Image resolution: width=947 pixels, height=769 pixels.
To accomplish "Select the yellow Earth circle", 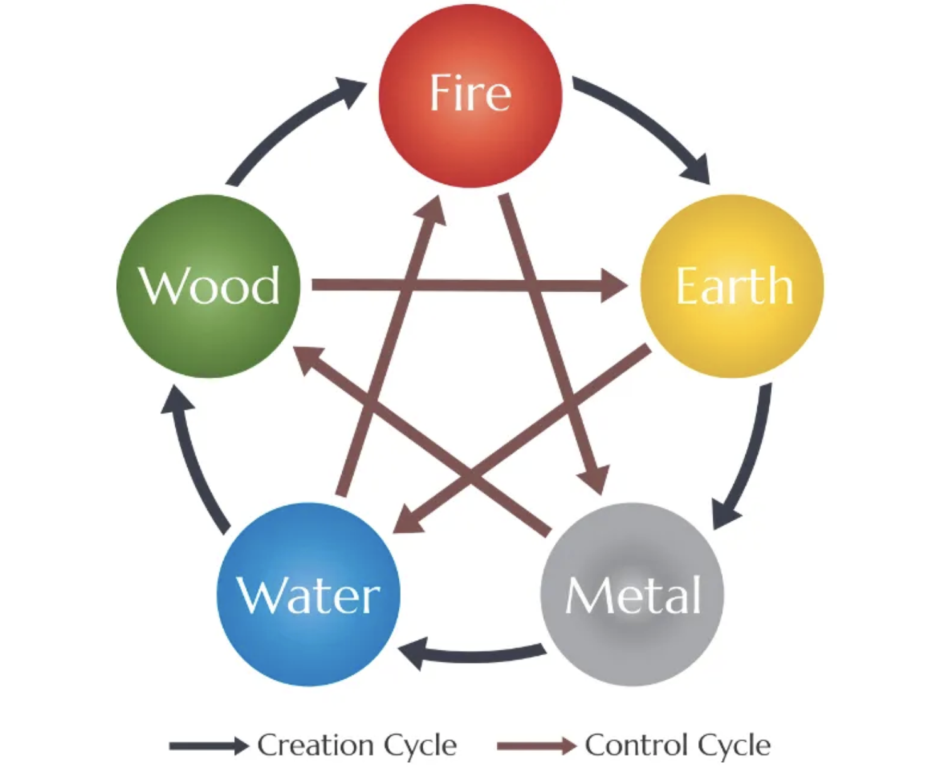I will pyautogui.click(x=732, y=286).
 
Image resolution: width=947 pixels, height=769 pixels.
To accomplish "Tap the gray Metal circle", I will pyautogui.click(x=632, y=594).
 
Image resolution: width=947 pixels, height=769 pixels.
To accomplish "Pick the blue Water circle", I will pyautogui.click(x=308, y=594).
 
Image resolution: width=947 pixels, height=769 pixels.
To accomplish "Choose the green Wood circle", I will pyautogui.click(x=208, y=286).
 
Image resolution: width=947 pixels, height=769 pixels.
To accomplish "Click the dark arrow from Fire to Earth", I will pyautogui.click(x=647, y=126).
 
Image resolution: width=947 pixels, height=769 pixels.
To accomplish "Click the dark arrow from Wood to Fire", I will pyautogui.click(x=289, y=126).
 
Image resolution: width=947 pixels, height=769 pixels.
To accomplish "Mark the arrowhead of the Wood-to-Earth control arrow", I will pyautogui.click(x=614, y=286).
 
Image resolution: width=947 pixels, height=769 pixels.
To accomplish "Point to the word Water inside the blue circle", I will pyautogui.click(x=308, y=596).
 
